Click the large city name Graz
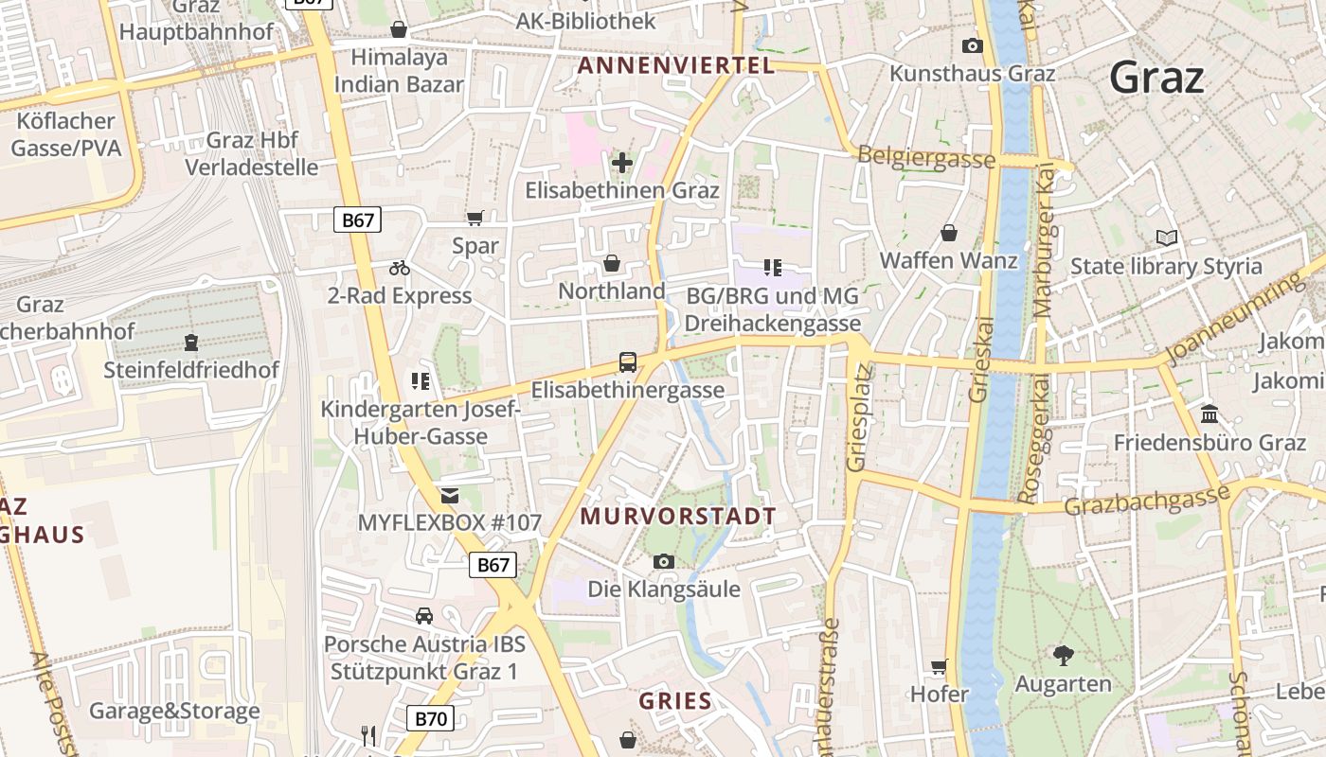pos(1156,78)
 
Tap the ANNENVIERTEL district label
pos(675,65)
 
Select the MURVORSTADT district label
pos(678,517)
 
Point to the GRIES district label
pos(675,701)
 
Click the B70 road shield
pos(430,718)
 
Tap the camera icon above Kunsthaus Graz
pos(972,45)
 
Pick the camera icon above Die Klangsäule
pos(664,561)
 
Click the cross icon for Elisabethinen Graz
pos(622,163)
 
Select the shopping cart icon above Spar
pos(475,218)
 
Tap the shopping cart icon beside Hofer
pos(939,666)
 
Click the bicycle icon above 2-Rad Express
pos(400,268)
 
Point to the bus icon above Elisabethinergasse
pos(627,361)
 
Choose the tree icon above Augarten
pos(1064,655)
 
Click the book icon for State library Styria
pos(1167,238)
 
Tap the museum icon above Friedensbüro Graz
pos(1210,414)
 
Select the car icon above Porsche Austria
pos(424,616)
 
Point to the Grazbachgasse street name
pos(1147,499)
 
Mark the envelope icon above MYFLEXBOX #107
pos(449,495)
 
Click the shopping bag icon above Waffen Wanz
pos(949,233)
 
